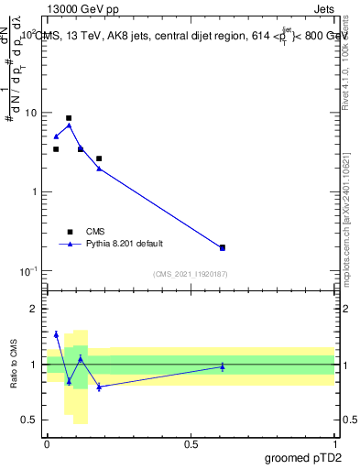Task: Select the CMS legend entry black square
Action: click(x=69, y=232)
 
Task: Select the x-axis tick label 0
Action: click(x=47, y=443)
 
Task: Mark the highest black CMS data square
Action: click(x=69, y=118)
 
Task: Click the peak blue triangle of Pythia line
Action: click(x=69, y=125)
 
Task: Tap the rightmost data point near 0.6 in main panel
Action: click(x=223, y=247)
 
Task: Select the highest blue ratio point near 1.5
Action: click(x=56, y=334)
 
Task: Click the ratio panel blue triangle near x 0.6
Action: click(x=223, y=366)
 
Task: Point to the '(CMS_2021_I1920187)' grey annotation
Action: click(x=191, y=274)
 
